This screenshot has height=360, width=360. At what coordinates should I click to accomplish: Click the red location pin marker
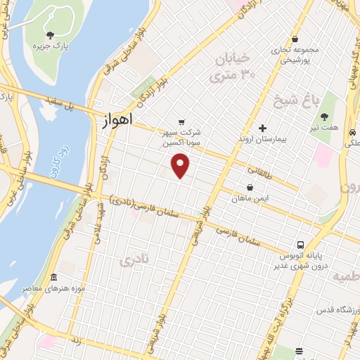(181, 167)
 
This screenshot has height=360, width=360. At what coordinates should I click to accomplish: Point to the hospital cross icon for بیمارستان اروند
(262, 128)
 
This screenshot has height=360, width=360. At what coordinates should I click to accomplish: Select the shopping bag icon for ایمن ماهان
(250, 187)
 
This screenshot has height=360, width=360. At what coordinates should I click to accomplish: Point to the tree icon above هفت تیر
(323, 117)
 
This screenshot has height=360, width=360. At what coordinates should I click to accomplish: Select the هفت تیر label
(323, 129)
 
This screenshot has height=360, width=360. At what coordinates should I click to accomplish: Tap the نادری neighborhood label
(135, 261)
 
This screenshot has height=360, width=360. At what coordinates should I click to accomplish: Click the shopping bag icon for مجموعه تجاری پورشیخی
(295, 39)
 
